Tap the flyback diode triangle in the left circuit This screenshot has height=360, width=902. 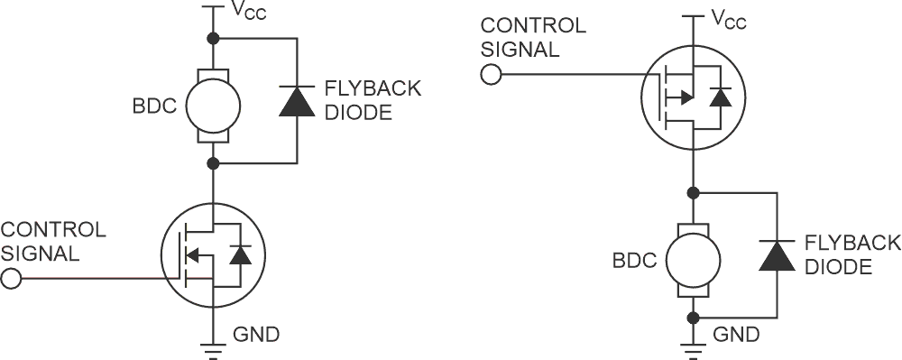297,101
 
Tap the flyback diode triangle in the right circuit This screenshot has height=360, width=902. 777,255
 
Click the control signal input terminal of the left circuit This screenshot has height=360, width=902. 11,279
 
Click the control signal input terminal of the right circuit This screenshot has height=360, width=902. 491,74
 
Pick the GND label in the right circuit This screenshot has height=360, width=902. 736,336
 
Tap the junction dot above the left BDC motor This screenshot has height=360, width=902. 213,39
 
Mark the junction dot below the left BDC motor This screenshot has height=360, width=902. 213,163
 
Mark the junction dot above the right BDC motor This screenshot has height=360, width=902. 693,192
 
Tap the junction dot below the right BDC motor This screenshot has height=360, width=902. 693,318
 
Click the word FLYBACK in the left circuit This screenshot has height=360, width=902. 372,89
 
